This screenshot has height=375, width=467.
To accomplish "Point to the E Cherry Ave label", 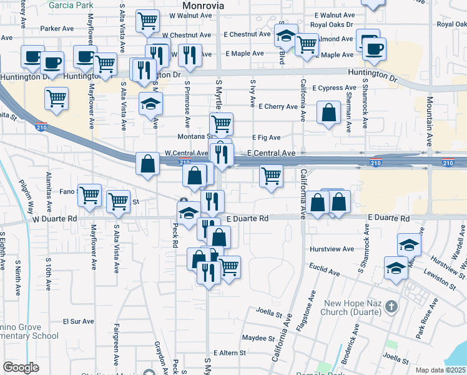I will [277, 106].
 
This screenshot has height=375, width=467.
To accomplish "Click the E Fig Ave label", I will [267, 137].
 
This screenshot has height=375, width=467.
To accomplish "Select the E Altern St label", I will [229, 353].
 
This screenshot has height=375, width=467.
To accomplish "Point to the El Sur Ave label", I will [78, 321].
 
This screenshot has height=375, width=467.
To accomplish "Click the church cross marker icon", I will [391, 307].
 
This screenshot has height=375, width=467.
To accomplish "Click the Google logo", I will [21, 367].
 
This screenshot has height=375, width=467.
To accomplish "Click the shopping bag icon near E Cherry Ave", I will [328, 113].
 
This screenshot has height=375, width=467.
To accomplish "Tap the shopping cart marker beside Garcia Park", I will [147, 20].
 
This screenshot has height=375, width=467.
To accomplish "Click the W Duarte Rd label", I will [54, 219].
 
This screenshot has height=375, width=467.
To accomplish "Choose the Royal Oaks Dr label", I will [328, 25].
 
